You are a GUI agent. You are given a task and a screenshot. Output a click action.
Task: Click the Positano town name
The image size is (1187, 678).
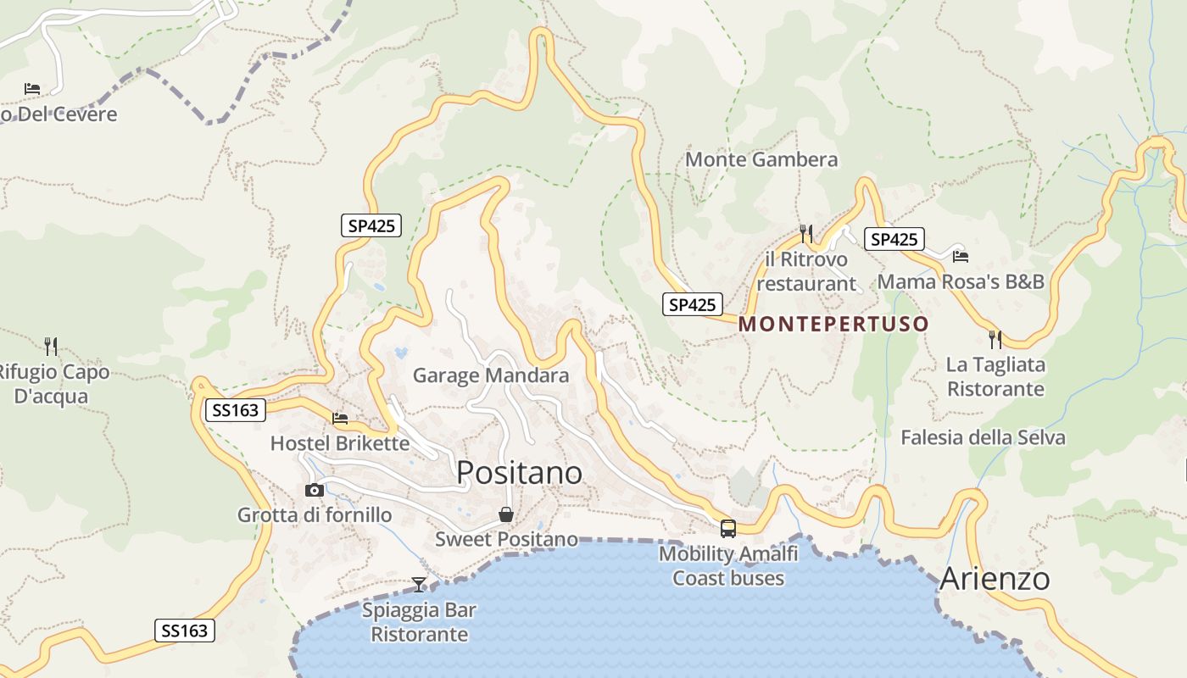(519, 472)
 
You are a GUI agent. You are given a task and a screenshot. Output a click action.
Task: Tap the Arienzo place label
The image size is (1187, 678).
(995, 579)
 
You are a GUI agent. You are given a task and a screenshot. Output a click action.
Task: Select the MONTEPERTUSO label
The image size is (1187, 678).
(833, 324)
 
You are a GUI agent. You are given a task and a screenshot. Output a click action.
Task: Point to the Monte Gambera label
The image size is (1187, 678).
(761, 159)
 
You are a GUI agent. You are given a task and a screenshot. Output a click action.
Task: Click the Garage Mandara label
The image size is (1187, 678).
(490, 375)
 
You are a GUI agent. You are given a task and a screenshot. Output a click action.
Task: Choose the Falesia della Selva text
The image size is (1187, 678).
(983, 437)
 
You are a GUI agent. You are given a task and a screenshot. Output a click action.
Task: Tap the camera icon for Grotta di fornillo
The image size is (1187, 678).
(315, 490)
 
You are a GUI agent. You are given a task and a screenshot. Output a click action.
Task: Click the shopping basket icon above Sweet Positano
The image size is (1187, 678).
(506, 514)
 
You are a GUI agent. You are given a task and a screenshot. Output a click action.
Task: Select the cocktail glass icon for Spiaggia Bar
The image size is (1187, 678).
(419, 584)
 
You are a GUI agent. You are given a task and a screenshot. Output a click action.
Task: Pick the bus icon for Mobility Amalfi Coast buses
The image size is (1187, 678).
(727, 529)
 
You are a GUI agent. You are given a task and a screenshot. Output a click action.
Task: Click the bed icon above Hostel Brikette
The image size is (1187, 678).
(340, 418)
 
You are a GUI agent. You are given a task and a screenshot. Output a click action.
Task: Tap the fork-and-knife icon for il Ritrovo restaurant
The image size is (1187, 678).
(805, 233)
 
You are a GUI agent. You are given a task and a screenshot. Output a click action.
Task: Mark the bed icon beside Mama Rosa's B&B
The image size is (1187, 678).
(960, 256)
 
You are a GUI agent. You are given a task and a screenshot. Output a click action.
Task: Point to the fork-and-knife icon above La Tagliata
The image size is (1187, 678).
(995, 340)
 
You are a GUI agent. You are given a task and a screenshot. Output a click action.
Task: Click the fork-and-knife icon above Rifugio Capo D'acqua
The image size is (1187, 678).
(51, 346)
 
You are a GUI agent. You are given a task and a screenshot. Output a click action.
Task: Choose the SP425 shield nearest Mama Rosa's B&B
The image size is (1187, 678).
(894, 239)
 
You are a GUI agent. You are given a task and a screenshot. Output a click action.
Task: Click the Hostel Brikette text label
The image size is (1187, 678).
(339, 443)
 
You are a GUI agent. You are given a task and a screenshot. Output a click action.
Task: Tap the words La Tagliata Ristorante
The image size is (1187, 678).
(995, 377)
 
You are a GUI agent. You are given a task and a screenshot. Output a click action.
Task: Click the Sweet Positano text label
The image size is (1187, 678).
(506, 539)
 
